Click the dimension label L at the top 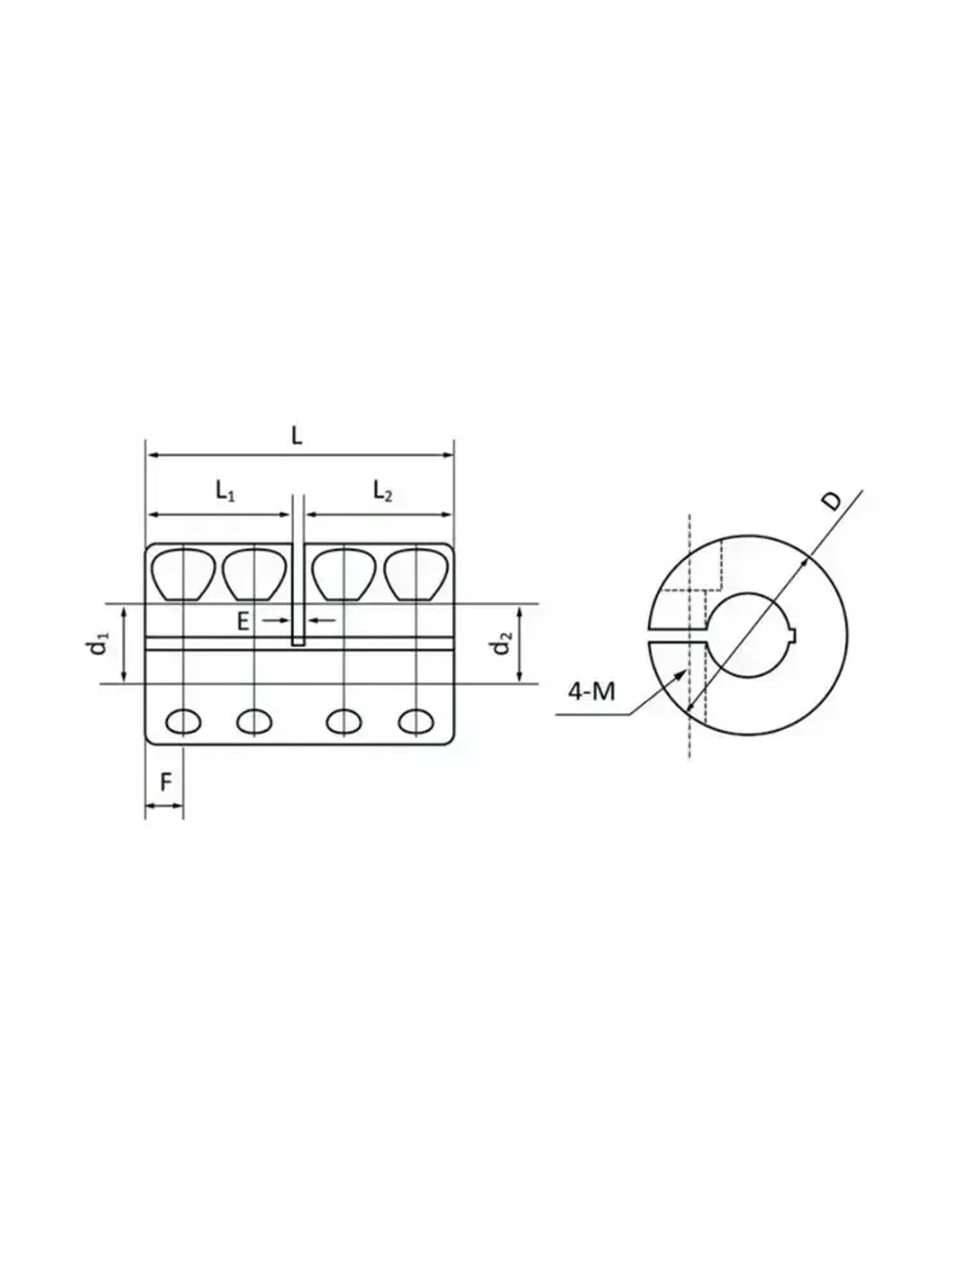pyautogui.click(x=297, y=435)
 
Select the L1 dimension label pyautogui.click(x=225, y=493)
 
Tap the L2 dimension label pyautogui.click(x=382, y=493)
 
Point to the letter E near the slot pyautogui.click(x=245, y=621)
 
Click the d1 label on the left pyautogui.click(x=98, y=644)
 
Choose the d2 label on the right pyautogui.click(x=500, y=644)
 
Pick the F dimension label pyautogui.click(x=165, y=783)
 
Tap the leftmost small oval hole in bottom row pyautogui.click(x=183, y=720)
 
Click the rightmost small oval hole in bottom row pyautogui.click(x=416, y=720)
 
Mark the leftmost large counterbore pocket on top pyautogui.click(x=183, y=573)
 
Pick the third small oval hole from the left pyautogui.click(x=343, y=720)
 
